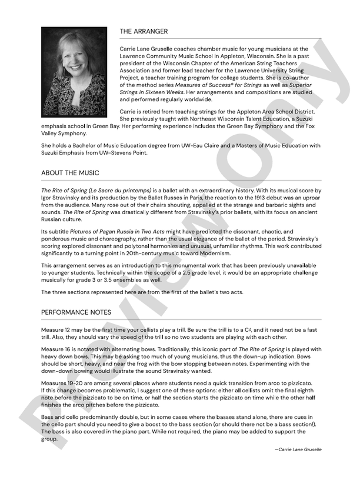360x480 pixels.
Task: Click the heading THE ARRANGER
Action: point(144,31)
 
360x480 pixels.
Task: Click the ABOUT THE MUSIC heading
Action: point(70,173)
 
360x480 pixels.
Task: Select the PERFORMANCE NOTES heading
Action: point(76,312)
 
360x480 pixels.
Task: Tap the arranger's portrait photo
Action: point(74,72)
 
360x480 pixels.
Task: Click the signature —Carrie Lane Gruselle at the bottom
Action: point(298,449)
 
